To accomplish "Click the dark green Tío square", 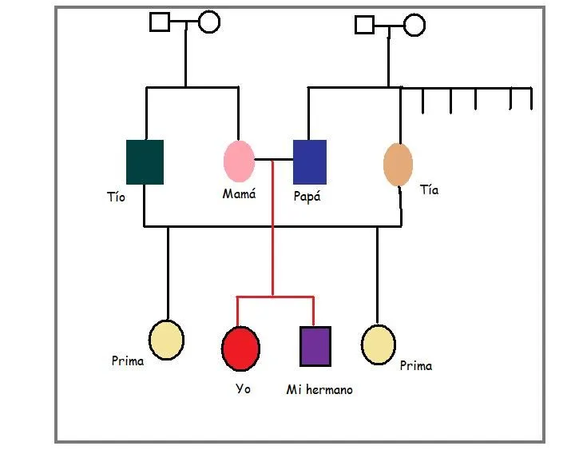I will pyautogui.click(x=145, y=162).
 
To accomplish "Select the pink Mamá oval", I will pyautogui.click(x=239, y=161).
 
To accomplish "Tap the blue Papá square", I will pyautogui.click(x=309, y=162).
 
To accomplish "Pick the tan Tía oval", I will pyautogui.click(x=398, y=165).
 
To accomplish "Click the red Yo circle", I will pyautogui.click(x=240, y=348).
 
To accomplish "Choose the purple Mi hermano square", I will pyautogui.click(x=315, y=346).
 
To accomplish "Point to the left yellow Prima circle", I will pyautogui.click(x=167, y=340).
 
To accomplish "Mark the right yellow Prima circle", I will pyautogui.click(x=378, y=344).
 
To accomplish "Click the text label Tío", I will pyautogui.click(x=116, y=197).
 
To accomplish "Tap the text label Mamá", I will pyautogui.click(x=239, y=193).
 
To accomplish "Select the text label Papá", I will pyautogui.click(x=307, y=197).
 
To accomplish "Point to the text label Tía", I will pyautogui.click(x=429, y=190).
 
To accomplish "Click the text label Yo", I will pyautogui.click(x=243, y=388).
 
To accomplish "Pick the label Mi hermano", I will pyautogui.click(x=319, y=390).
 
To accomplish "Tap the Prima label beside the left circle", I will pyautogui.click(x=128, y=361).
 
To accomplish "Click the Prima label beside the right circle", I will pyautogui.click(x=415, y=366).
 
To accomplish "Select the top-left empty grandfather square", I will pyautogui.click(x=160, y=22).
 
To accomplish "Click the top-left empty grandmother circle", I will pyautogui.click(x=208, y=22).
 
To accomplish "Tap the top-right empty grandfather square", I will pyautogui.click(x=365, y=25).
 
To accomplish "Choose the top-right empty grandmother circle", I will pyautogui.click(x=414, y=25).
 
